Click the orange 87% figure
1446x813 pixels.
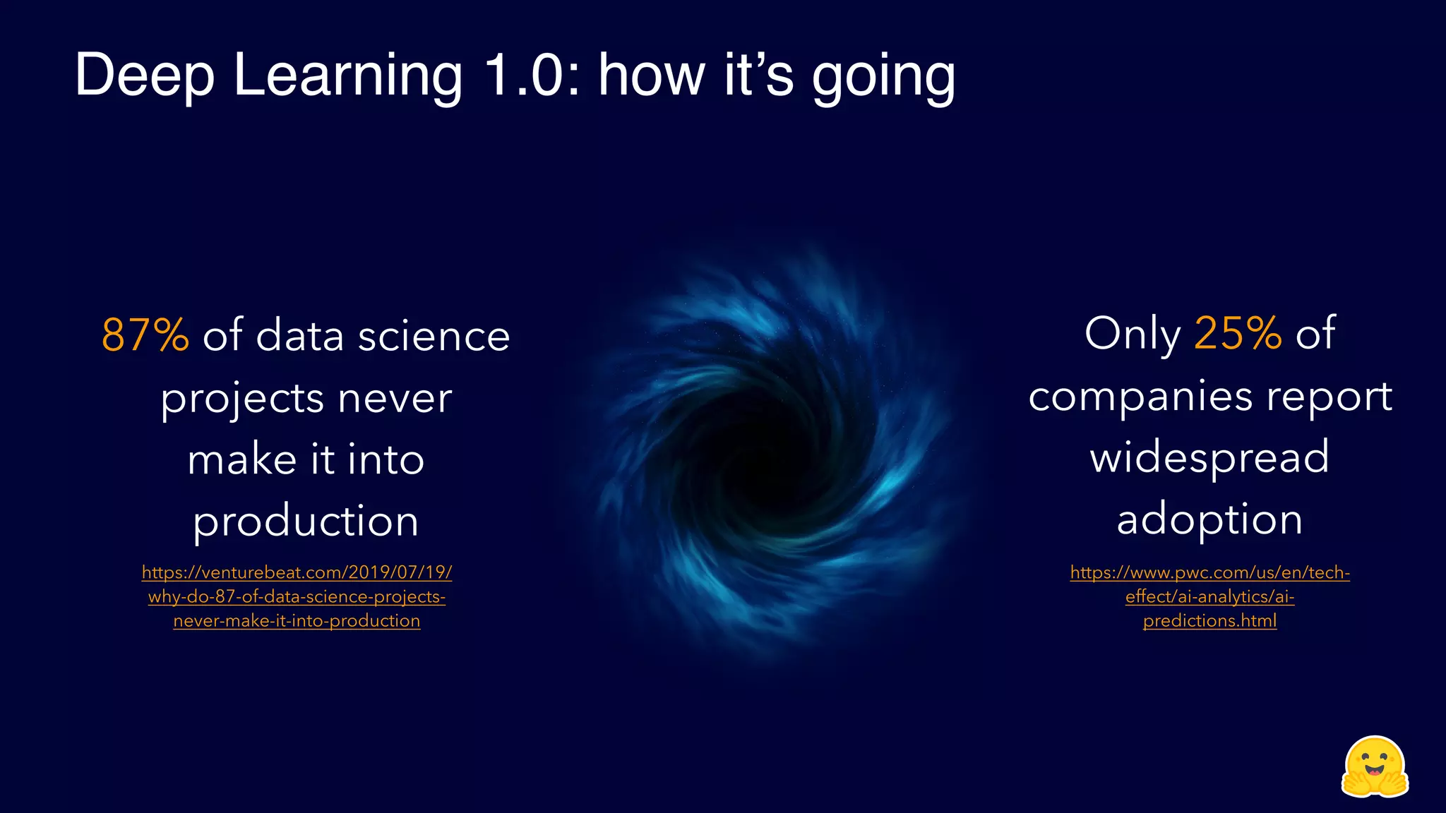pos(145,335)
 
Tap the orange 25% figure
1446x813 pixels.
pos(1237,333)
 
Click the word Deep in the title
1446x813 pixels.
pos(144,76)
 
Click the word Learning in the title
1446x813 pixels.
pos(347,76)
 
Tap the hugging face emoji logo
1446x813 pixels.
pos(1374,768)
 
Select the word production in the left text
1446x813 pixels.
pos(306,522)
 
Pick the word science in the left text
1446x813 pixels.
pos(434,336)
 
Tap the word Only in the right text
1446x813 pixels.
pos(1132,333)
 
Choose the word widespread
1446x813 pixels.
pos(1209,457)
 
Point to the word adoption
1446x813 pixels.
pos(1209,520)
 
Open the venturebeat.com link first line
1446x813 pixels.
pos(297,572)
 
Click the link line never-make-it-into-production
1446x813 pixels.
pos(297,621)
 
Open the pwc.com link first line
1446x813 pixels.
pos(1209,572)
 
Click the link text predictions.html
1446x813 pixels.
pos(1209,621)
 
